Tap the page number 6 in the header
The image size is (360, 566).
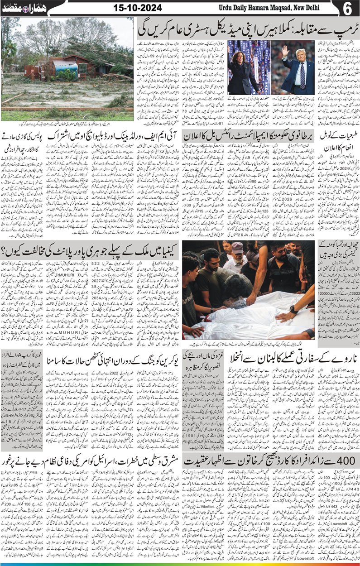349,8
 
